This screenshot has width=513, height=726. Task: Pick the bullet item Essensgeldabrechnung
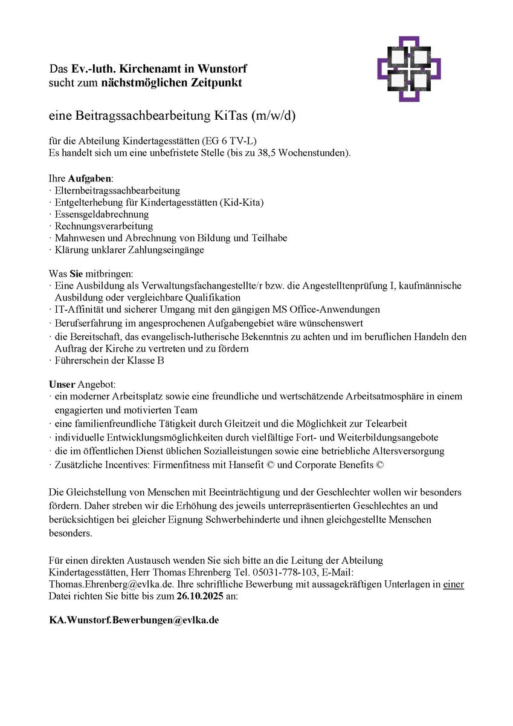(102, 214)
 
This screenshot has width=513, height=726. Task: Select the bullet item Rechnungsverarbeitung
(103, 226)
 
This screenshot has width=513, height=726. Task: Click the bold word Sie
(77, 273)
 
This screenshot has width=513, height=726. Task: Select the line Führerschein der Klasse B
(109, 361)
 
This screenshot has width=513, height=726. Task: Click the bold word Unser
(62, 384)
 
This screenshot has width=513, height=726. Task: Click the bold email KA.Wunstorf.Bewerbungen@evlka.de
(134, 621)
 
